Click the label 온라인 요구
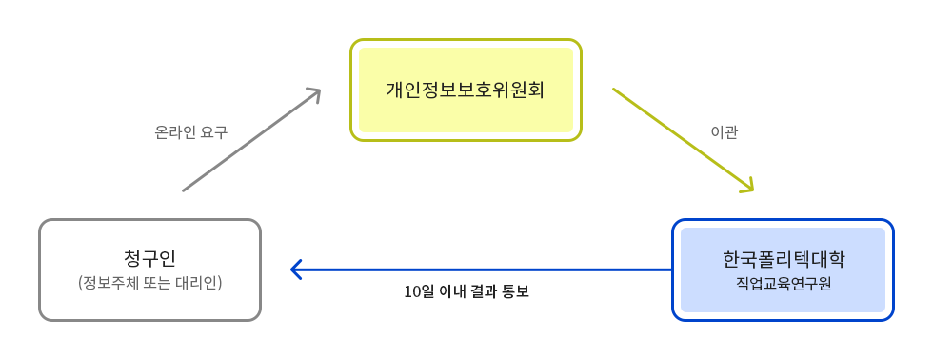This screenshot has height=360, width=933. (190, 132)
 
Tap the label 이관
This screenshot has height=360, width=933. (725, 132)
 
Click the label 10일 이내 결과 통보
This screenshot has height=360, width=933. (466, 291)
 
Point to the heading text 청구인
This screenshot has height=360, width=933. (149, 258)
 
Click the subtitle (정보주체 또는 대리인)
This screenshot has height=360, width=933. (149, 283)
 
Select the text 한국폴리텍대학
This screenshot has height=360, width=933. (783, 259)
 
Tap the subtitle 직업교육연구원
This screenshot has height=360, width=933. (783, 283)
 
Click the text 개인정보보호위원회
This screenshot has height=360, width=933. (466, 90)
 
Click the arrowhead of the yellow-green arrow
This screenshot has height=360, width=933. (746, 186)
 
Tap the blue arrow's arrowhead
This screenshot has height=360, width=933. (296, 270)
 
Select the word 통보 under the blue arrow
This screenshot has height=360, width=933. (514, 291)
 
